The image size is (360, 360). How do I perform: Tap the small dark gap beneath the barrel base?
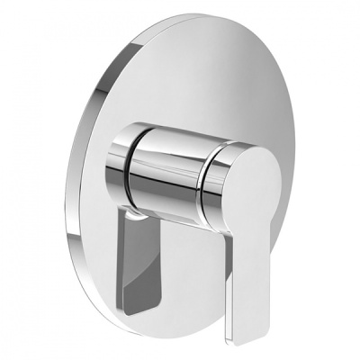pos(135,217)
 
